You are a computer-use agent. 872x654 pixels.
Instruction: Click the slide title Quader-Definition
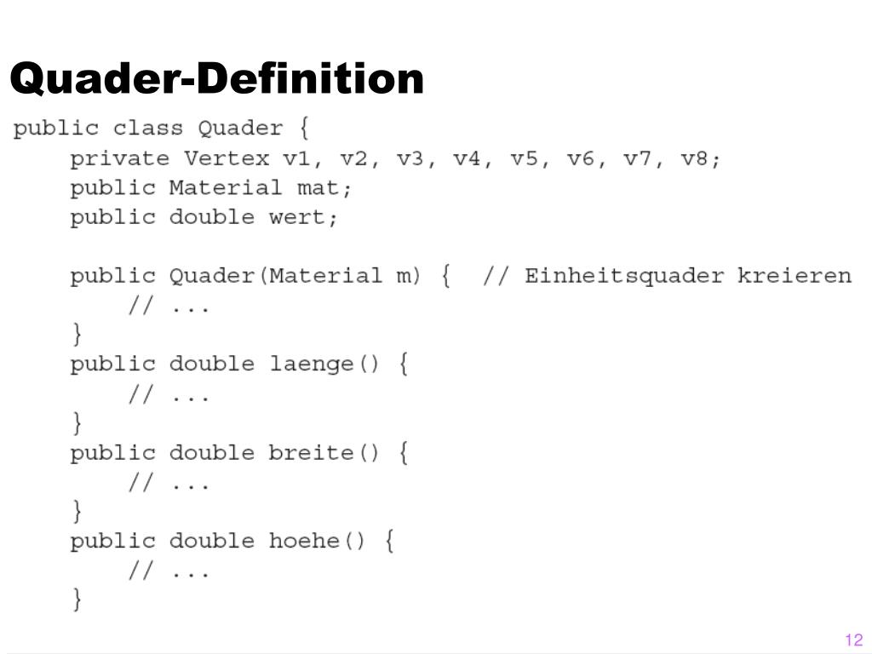coord(217,79)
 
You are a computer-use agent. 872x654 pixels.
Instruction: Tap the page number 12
coord(853,640)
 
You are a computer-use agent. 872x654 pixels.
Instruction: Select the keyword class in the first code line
coord(147,129)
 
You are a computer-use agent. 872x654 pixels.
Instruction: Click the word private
coord(119,159)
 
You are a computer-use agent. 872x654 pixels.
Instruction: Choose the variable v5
coord(523,159)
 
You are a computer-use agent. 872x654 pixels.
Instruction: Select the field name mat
coord(324,188)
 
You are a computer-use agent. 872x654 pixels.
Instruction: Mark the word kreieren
coord(794,276)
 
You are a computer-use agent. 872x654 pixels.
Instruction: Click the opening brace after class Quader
coord(304,129)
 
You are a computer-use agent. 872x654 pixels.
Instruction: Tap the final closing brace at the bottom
coord(77,600)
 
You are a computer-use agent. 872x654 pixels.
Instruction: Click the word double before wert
coord(212,217)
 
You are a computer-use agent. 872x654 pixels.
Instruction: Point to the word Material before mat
coord(226,188)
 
